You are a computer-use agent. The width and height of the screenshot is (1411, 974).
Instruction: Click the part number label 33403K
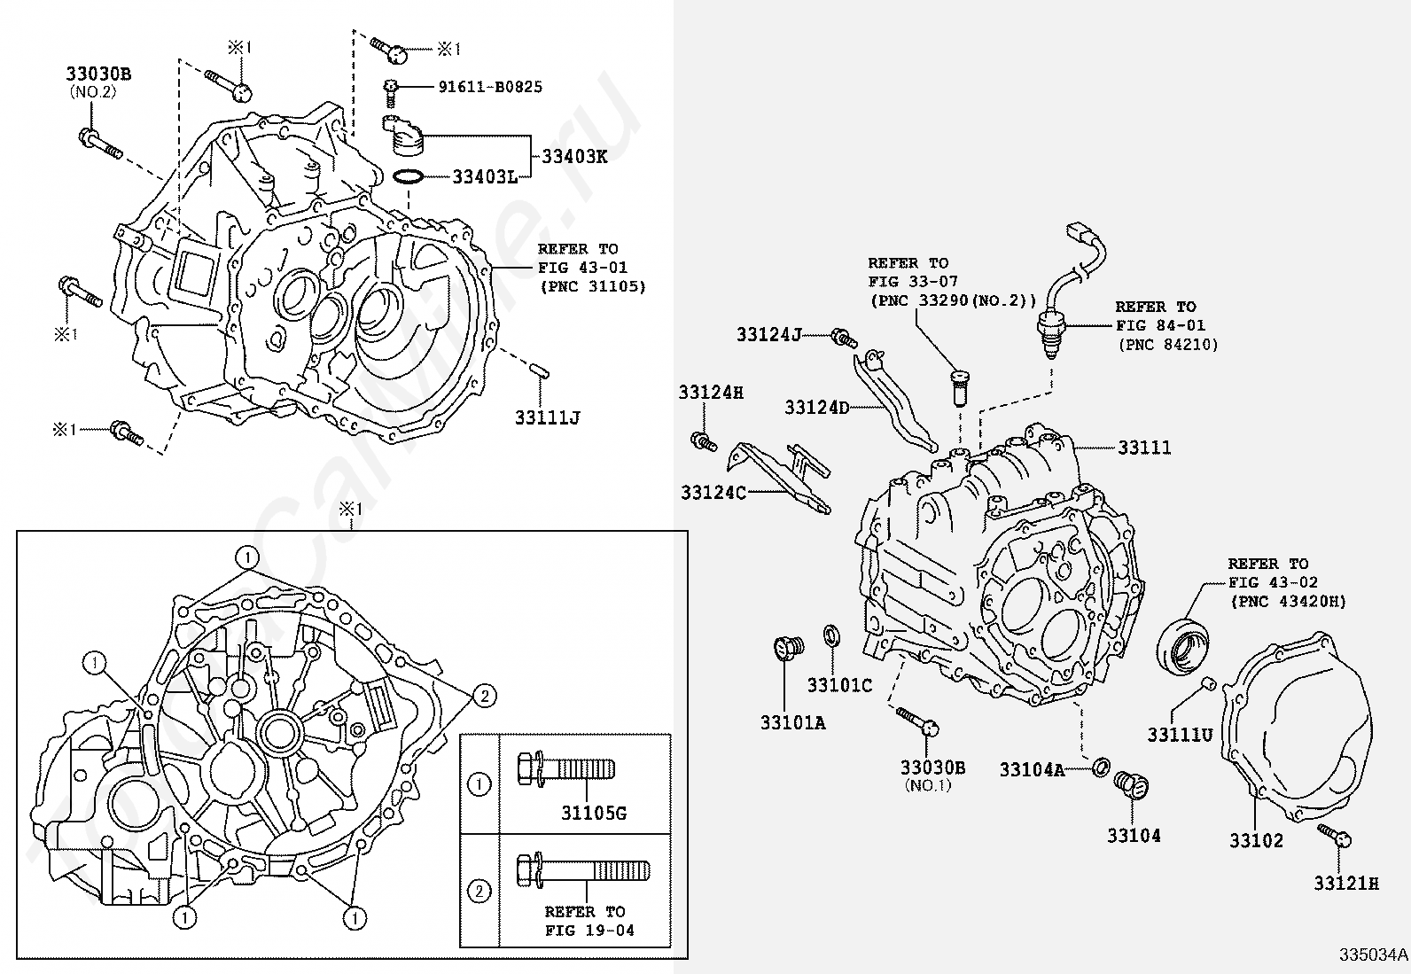tap(574, 156)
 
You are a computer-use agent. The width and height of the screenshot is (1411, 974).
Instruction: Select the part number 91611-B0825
tap(490, 87)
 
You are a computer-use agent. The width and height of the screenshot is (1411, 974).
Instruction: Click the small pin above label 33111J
tap(541, 371)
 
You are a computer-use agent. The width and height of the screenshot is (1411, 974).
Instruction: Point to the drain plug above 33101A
tap(788, 648)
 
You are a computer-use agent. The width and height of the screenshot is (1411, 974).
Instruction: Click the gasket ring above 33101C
tap(831, 635)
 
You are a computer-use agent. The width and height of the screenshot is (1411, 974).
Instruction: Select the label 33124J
tap(768, 334)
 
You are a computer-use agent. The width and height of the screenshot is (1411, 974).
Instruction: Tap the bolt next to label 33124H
tap(704, 441)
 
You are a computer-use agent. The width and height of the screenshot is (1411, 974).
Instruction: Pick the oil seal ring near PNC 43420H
tap(1183, 648)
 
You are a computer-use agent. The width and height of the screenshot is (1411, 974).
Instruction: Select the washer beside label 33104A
tap(1101, 768)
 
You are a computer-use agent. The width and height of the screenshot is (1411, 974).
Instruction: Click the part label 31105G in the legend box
tap(594, 814)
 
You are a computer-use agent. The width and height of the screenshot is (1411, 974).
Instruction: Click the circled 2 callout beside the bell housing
tap(485, 697)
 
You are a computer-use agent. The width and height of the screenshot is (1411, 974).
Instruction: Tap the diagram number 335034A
tap(1373, 955)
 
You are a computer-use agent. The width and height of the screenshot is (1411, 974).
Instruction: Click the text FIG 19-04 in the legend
tap(589, 930)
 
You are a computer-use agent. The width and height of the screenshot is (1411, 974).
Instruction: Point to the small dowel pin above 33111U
tap(1206, 683)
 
